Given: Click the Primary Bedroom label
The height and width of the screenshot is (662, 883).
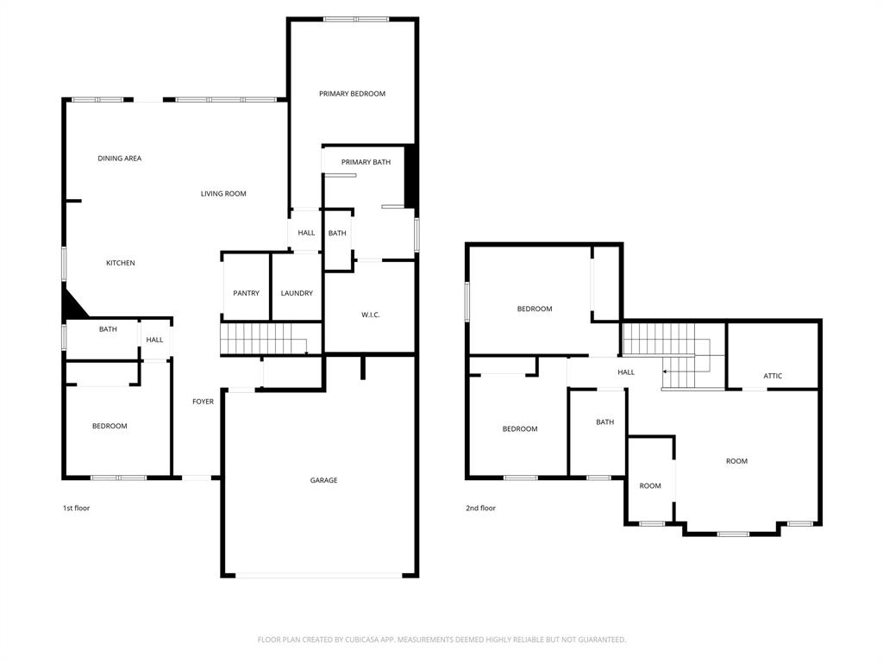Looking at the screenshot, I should coord(352,93).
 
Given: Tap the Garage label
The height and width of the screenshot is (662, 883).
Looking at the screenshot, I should coord(324,480).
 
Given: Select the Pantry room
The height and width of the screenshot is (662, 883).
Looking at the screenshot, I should coord(246,293).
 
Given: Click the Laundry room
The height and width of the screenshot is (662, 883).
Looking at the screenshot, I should coord(297,293).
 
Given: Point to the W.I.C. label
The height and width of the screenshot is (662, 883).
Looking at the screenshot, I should coord(371,315).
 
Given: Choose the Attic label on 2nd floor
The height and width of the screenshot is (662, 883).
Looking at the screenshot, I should coord(773,376).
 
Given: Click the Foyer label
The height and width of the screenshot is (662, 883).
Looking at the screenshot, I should coord(203,402).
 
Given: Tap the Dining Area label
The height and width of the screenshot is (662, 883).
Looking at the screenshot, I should coord(119,159).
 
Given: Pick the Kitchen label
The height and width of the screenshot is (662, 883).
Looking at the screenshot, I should coord(121,263).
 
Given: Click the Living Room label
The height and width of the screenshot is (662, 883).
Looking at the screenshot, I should coord(223,194).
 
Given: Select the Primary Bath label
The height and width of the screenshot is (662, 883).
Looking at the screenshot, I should coord(366,162).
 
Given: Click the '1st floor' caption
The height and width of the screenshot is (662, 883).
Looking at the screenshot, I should coord(76,508).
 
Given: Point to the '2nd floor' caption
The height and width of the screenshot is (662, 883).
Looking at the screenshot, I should coord(480,508).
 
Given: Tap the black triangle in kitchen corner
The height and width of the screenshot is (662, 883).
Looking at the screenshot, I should coord(72,305).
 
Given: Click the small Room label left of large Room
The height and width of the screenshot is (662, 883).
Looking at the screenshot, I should coord(650,486).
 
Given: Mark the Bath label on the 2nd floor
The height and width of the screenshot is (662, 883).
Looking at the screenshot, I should coord(605,422).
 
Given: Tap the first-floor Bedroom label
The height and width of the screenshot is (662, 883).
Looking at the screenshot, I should coord(110,426).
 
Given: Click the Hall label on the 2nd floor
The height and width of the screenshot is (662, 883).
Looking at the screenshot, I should coord(626,372).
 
